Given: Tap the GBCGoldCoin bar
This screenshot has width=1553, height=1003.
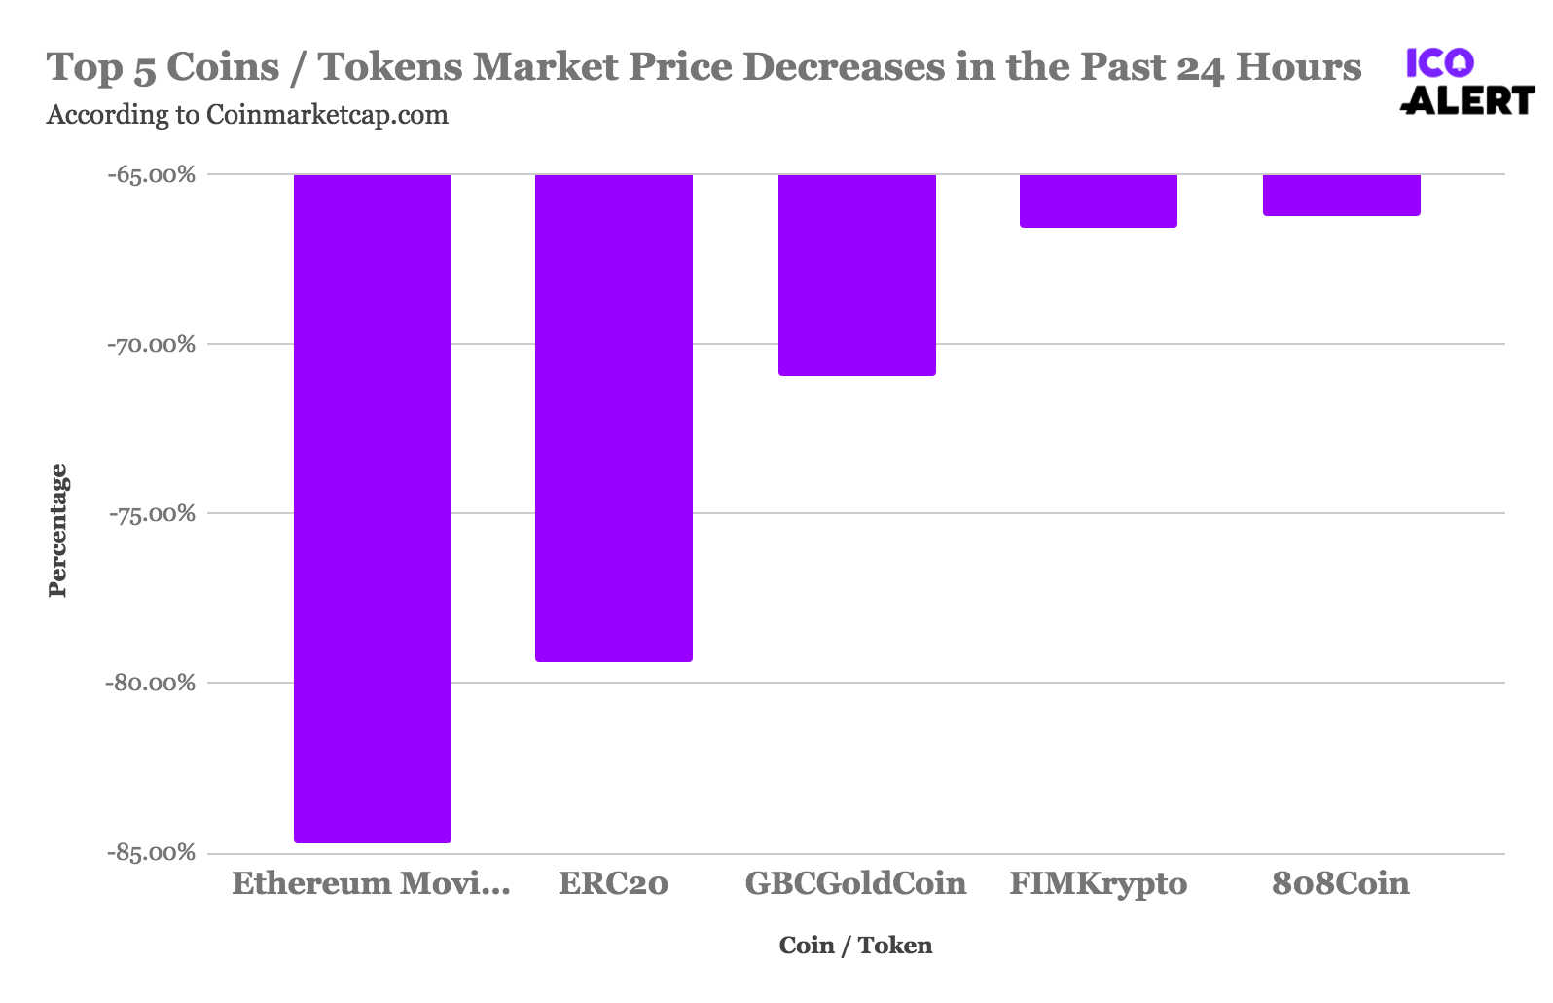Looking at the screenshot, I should pyautogui.click(x=856, y=275).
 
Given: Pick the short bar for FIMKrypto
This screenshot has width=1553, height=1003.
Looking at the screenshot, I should pyautogui.click(x=1099, y=201).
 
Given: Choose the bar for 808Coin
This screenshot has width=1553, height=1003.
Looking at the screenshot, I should pyautogui.click(x=1341, y=195).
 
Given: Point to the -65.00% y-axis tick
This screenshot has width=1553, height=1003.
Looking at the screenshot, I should pyautogui.click(x=152, y=175).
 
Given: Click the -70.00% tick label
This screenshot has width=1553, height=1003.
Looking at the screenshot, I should pyautogui.click(x=152, y=345).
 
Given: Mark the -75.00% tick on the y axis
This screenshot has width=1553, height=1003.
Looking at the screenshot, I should pyautogui.click(x=152, y=514).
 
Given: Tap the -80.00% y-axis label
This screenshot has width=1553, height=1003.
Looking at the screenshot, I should pyautogui.click(x=152, y=684).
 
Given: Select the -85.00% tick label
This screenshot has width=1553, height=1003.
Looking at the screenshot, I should pyautogui.click(x=152, y=853).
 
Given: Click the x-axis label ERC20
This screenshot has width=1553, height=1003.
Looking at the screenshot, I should pyautogui.click(x=614, y=884).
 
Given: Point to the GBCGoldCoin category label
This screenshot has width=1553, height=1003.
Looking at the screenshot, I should pyautogui.click(x=856, y=884).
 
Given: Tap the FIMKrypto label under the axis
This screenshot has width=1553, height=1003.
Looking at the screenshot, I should pyautogui.click(x=1099, y=884).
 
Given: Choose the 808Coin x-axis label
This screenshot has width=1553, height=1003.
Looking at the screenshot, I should pyautogui.click(x=1341, y=884).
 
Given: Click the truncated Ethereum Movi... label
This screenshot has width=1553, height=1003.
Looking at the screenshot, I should pyautogui.click(x=371, y=884).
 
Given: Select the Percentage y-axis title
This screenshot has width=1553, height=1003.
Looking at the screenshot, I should pyautogui.click(x=58, y=531).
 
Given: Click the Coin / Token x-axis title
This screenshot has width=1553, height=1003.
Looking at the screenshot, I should pyautogui.click(x=856, y=946).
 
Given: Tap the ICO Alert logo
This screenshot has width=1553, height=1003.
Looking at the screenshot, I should pyautogui.click(x=1467, y=82).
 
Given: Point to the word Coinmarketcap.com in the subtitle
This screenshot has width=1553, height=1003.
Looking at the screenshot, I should pyautogui.click(x=327, y=115).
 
